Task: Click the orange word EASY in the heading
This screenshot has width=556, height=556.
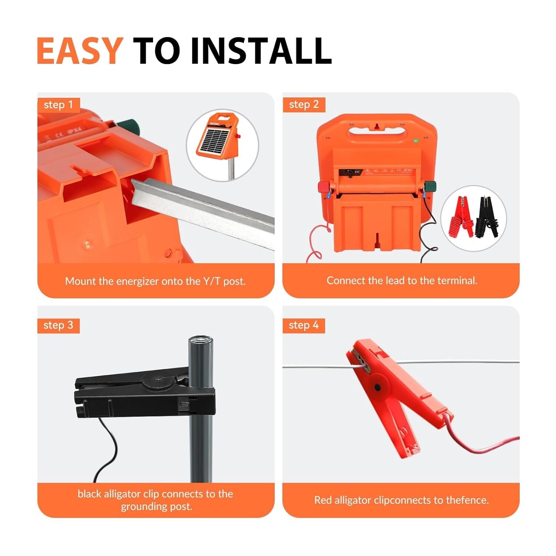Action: (x=79, y=51)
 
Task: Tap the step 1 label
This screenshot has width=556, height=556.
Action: (x=58, y=105)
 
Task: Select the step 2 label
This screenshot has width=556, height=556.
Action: (x=304, y=105)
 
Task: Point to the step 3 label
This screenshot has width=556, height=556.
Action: (x=58, y=325)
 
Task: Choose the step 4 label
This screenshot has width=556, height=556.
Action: (x=304, y=325)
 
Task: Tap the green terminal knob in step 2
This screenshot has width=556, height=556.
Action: (x=430, y=186)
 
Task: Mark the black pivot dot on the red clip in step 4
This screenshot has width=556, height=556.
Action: (x=377, y=387)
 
